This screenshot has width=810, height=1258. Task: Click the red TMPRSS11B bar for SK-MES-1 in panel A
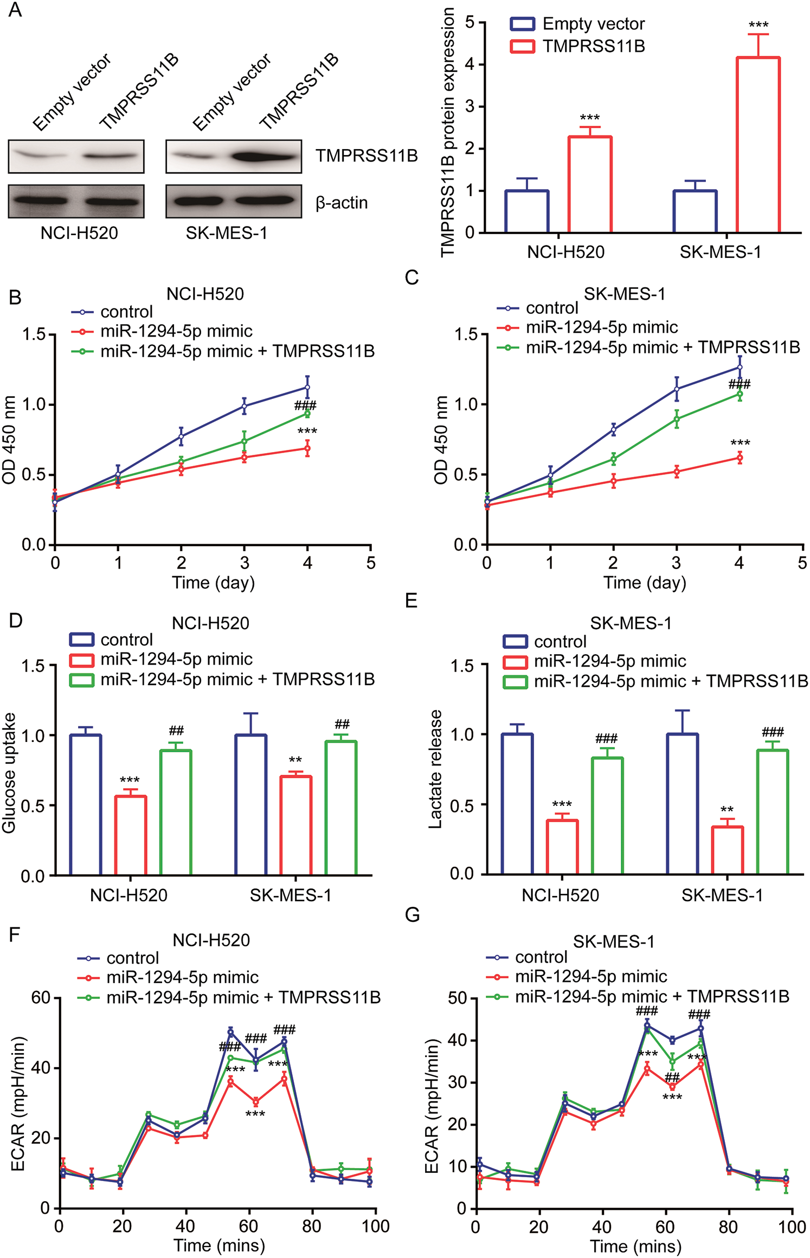tap(758, 145)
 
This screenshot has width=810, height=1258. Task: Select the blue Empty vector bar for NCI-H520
tap(526, 211)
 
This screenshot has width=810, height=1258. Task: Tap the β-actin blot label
tap(342, 203)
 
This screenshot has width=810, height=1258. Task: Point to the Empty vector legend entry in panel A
tap(577, 24)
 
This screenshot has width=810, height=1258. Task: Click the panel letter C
tap(412, 278)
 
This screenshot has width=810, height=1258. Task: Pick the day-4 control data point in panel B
tap(307, 388)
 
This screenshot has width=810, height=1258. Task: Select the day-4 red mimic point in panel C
tap(740, 458)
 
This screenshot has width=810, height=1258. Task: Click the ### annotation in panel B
tap(305, 405)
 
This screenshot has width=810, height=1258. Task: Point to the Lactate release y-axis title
tap(435, 770)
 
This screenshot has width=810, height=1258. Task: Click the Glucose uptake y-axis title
tap(9, 772)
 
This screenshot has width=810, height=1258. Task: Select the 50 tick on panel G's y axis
tap(458, 998)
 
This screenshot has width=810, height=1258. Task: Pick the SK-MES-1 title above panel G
tap(614, 941)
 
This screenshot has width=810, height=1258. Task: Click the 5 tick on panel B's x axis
tap(371, 563)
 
